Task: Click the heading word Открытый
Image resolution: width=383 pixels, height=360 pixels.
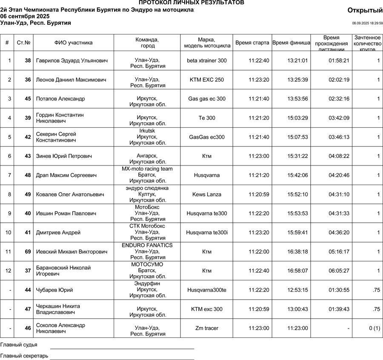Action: click(365, 10)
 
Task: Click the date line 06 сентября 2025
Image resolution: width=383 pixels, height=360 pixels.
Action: click(25, 16)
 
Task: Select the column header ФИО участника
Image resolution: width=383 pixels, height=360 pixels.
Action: click(73, 43)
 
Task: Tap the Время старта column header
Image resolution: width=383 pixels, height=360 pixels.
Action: click(252, 43)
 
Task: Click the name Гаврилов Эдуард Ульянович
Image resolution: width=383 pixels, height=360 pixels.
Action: click(71, 61)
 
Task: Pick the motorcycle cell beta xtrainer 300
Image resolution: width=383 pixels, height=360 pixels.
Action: click(206, 61)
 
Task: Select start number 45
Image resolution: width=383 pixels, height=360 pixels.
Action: click(28, 99)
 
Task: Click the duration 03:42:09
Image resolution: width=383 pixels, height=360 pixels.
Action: click(339, 118)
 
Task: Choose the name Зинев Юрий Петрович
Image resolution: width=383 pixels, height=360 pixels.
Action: click(64, 156)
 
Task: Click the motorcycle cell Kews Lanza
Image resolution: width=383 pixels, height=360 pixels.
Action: click(206, 194)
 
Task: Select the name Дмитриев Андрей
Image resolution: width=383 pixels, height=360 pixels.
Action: click(58, 233)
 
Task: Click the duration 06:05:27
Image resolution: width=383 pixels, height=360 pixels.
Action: click(339, 271)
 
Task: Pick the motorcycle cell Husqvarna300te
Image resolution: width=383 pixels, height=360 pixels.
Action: click(206, 290)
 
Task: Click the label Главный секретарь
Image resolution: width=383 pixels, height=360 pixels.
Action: click(24, 356)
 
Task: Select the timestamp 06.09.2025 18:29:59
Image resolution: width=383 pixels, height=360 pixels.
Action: click(367, 23)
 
